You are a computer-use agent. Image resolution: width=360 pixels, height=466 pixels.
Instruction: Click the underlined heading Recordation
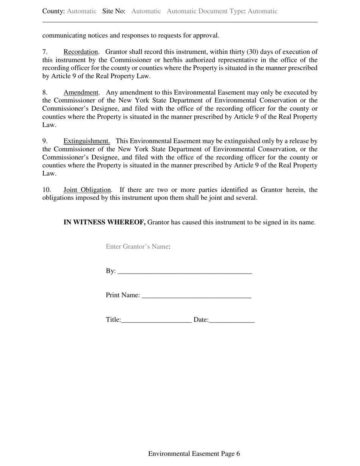(x=81, y=52)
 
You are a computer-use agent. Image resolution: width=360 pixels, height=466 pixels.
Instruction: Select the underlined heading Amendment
(x=81, y=92)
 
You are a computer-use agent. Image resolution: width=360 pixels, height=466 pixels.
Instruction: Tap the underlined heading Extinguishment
(x=86, y=141)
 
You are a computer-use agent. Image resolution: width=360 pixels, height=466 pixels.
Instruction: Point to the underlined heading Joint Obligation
(x=87, y=190)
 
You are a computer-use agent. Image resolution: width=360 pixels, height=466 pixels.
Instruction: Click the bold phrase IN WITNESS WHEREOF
(x=105, y=222)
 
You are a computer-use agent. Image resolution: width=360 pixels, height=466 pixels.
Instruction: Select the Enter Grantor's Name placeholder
(x=137, y=247)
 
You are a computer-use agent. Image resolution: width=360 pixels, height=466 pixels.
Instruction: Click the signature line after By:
(x=185, y=271)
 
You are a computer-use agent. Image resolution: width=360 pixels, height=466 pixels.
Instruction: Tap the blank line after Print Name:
(x=196, y=296)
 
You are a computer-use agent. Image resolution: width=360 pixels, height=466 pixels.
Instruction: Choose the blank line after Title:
(x=157, y=320)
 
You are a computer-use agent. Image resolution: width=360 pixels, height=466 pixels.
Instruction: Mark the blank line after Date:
(x=232, y=320)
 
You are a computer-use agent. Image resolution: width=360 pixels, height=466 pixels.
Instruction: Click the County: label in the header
(x=53, y=11)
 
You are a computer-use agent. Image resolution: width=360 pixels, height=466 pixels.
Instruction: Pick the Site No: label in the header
(x=114, y=11)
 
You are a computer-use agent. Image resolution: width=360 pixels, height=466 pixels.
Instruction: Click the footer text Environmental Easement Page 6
(x=194, y=454)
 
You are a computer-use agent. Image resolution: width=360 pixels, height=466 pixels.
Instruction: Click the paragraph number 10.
(x=47, y=190)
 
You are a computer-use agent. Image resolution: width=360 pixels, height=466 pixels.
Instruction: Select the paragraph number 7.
(x=45, y=52)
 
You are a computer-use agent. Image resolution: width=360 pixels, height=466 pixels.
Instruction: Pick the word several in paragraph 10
(x=246, y=198)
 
